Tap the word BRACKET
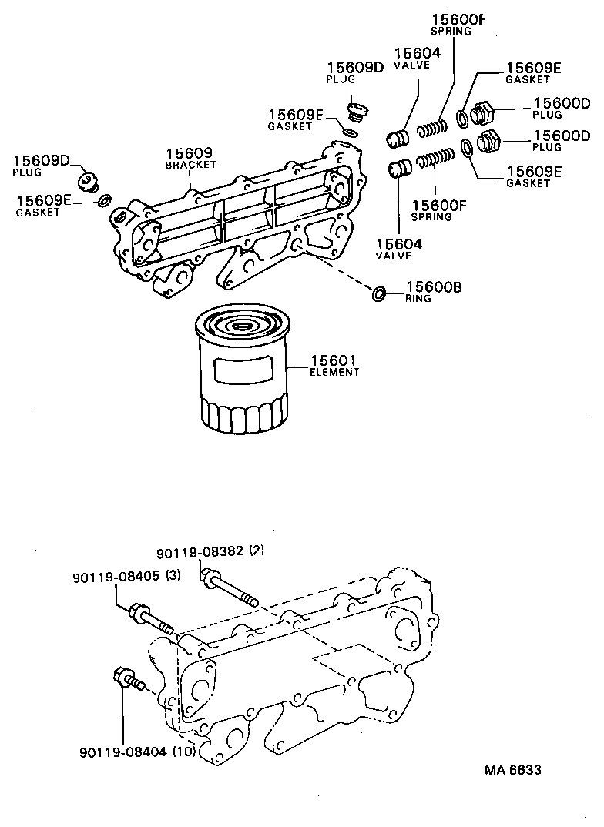pyautogui.click(x=191, y=165)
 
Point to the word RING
pyautogui.click(x=418, y=298)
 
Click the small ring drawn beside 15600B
pyautogui.click(x=378, y=293)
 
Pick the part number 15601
pyautogui.click(x=334, y=360)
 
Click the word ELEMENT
pyautogui.click(x=334, y=372)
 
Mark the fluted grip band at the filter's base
pyautogui.click(x=244, y=417)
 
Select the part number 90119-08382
pyautogui.click(x=200, y=551)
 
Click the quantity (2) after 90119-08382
pyautogui.click(x=257, y=551)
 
